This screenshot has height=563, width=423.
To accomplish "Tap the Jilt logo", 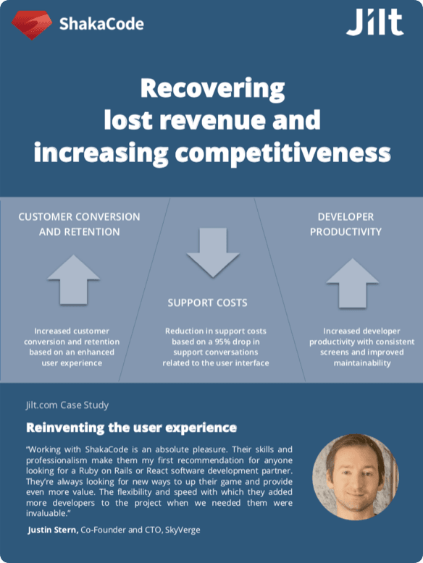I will [374, 22].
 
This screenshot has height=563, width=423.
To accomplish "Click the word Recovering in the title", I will [212, 89].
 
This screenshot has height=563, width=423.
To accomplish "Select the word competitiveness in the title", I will [290, 153].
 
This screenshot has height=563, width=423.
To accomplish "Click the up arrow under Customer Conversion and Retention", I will [73, 279].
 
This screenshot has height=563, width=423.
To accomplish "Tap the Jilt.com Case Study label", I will [68, 405].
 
